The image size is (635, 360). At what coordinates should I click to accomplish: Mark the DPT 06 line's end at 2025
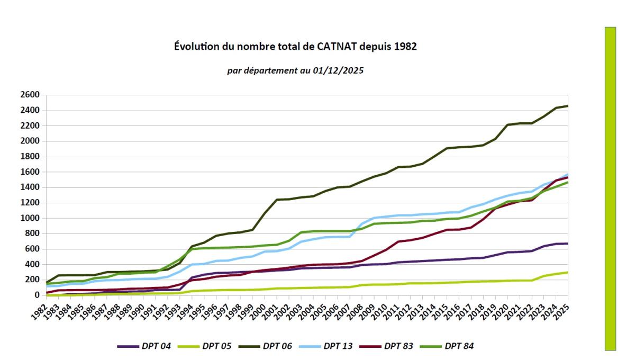[567, 106]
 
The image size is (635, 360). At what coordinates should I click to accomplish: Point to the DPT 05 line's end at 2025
[567, 272]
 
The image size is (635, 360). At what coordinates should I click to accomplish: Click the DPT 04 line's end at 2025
[567, 244]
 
